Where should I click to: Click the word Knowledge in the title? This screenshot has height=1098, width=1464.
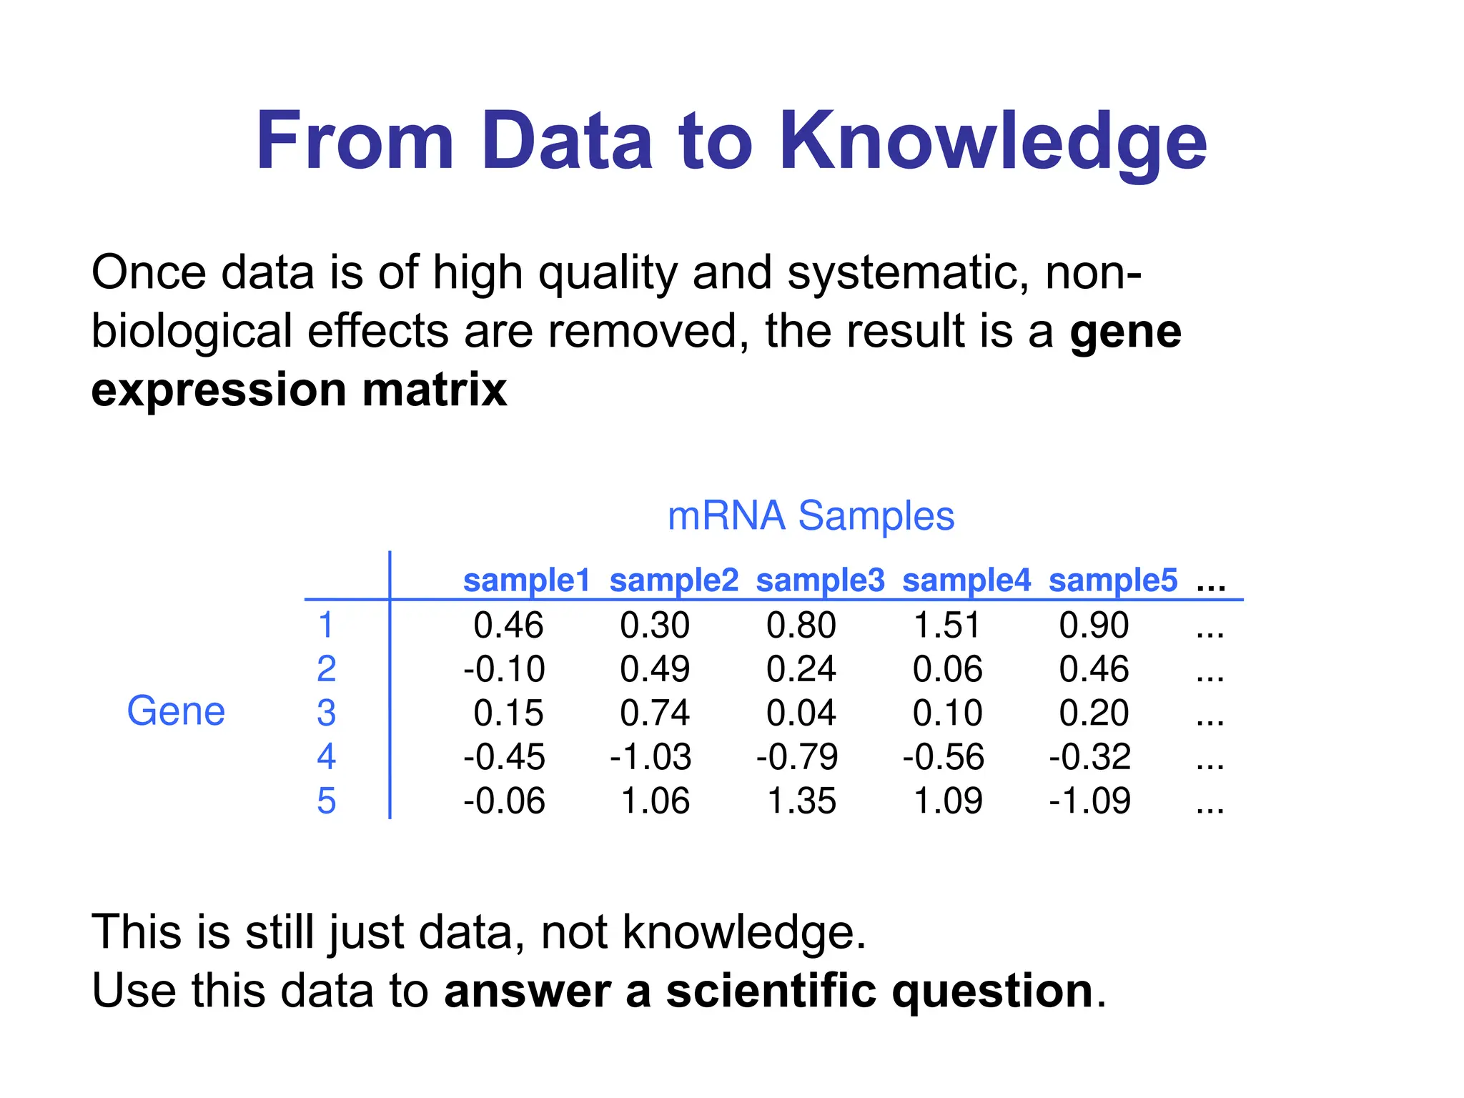pyautogui.click(x=993, y=142)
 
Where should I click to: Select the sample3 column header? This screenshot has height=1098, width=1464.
pyautogui.click(x=820, y=580)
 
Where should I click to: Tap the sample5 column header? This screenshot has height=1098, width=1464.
pyautogui.click(x=1112, y=580)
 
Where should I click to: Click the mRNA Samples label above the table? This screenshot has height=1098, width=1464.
pyautogui.click(x=811, y=515)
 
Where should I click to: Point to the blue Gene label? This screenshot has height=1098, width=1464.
pyautogui.click(x=176, y=711)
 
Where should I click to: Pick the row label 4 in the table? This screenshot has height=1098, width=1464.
pyautogui.click(x=326, y=756)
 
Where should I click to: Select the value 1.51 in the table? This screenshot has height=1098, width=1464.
pyautogui.click(x=947, y=625)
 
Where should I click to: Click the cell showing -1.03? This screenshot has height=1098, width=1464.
pyautogui.click(x=651, y=757)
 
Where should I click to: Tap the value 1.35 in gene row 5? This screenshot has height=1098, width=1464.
pyautogui.click(x=801, y=801)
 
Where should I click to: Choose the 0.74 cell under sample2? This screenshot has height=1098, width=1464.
pyautogui.click(x=655, y=713)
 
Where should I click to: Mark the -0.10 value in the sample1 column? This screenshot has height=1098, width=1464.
pyautogui.click(x=504, y=669)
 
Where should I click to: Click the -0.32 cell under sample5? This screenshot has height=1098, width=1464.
pyautogui.click(x=1090, y=757)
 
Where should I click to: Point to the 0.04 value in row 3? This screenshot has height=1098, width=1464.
pyautogui.click(x=801, y=713)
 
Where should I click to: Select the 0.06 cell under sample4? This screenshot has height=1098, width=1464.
pyautogui.click(x=948, y=669)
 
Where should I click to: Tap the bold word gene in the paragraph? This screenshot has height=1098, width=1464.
pyautogui.click(x=1125, y=333)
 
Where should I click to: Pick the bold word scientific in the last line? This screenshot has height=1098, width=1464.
pyautogui.click(x=771, y=991)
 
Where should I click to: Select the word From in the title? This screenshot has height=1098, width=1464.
pyautogui.click(x=355, y=142)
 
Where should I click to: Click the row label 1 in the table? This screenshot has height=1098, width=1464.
pyautogui.click(x=326, y=625)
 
